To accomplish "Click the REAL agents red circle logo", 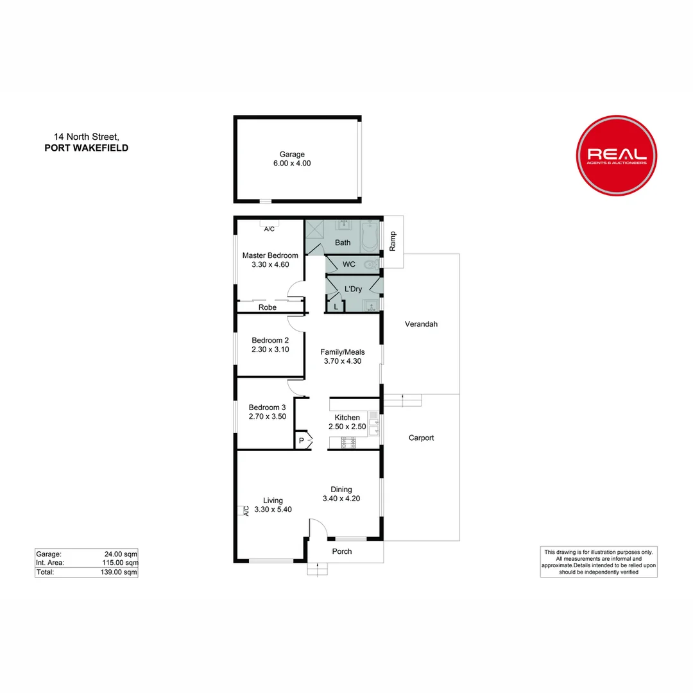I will click(x=617, y=155).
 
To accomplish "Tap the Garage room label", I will click(x=291, y=154).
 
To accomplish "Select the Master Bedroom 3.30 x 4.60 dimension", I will click(x=270, y=264).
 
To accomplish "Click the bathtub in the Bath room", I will click(x=370, y=235).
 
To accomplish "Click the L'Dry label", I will click(x=353, y=289).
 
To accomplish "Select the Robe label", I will click(x=268, y=308).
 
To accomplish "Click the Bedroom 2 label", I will click(x=270, y=340).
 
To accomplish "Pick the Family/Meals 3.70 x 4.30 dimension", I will click(x=343, y=361).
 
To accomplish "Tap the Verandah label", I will click(x=421, y=324).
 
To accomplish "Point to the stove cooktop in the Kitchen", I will click(x=348, y=441).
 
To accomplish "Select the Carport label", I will click(x=422, y=438).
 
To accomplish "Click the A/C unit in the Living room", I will click(x=244, y=511).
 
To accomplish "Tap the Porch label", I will click(x=342, y=551).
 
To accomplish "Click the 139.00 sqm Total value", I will click(x=121, y=572).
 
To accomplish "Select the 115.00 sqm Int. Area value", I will click(x=121, y=563).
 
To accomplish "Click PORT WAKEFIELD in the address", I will click(x=86, y=148).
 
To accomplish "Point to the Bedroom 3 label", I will click(x=268, y=407).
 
